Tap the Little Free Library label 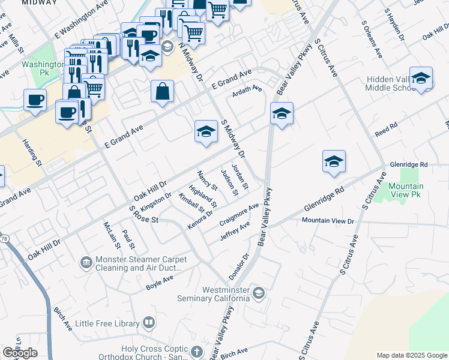coord(107,323)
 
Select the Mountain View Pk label coord(406,190)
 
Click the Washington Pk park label coord(43,68)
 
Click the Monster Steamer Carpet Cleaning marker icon coord(86,263)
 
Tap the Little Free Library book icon coord(148,323)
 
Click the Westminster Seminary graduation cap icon coord(258,293)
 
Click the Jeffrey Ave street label coord(235,232)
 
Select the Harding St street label coord(32,153)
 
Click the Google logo coord(20,353)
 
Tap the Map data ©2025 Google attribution coord(412,355)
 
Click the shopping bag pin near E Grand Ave coord(163,92)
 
